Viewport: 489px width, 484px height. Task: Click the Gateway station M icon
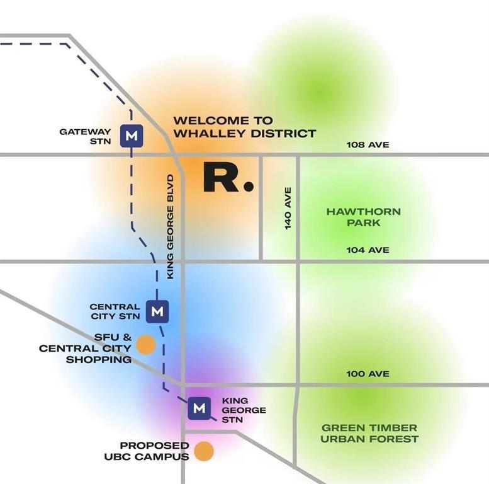[x=132, y=135]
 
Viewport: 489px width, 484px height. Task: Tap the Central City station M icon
[x=157, y=311]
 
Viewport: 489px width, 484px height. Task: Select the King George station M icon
[x=200, y=408]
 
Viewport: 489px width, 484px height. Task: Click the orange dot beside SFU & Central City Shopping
[x=146, y=345]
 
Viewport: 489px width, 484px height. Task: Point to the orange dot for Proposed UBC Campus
[x=204, y=451]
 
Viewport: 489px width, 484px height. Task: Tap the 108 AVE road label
[x=368, y=145]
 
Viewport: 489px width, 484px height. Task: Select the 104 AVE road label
[x=368, y=250]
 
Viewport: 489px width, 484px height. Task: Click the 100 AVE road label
[x=368, y=374]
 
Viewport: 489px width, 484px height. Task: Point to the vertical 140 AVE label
[x=288, y=207]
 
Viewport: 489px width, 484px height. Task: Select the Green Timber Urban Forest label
[x=369, y=433]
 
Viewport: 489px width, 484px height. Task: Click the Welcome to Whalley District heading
[x=244, y=127]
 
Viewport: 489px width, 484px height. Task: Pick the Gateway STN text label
[x=86, y=136]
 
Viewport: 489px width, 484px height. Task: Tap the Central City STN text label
[x=115, y=311]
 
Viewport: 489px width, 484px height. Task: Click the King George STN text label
[x=244, y=410]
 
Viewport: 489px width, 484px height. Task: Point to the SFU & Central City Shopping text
[x=86, y=348]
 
